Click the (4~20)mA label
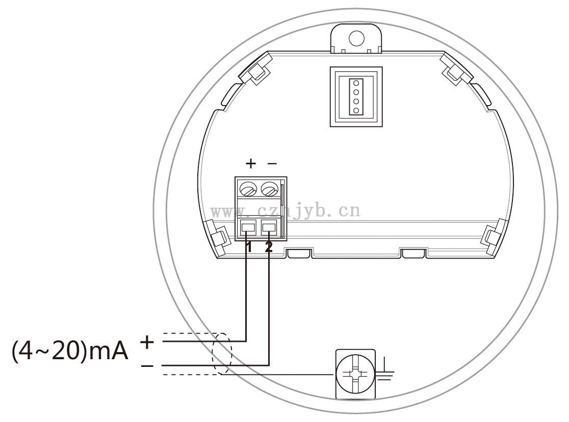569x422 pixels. pos(70,351)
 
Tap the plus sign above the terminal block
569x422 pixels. pos(251,163)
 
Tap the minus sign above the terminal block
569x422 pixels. pos(272,164)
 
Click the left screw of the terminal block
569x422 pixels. pos(248,189)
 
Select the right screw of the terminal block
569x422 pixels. pos(269,189)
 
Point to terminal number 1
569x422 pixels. pos(249,247)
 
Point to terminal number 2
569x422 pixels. pos(269,247)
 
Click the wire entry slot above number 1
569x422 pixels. pos(248,228)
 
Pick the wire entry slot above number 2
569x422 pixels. pos(269,228)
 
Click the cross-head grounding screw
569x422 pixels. pos(355,375)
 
